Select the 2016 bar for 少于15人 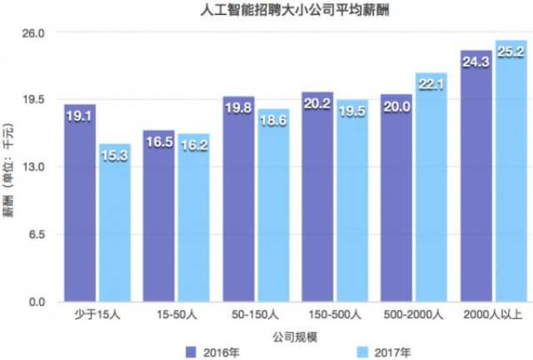[80, 208]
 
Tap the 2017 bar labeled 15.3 [114, 225]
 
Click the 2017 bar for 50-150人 [273, 208]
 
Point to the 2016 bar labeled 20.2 [317, 200]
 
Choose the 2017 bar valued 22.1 [432, 192]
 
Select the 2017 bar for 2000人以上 [510, 175]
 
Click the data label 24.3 [476, 61]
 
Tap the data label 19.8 [238, 107]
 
